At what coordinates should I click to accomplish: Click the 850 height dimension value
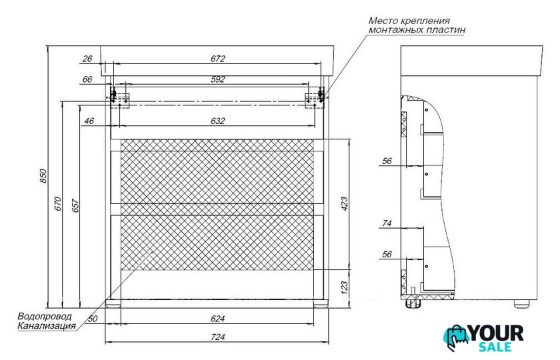(x=43, y=176)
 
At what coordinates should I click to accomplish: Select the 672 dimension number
(x=218, y=59)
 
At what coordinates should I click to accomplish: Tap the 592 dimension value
(x=218, y=79)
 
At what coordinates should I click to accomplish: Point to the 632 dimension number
(x=218, y=121)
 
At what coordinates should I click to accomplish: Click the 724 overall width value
(x=218, y=337)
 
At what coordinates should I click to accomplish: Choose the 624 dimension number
(x=218, y=318)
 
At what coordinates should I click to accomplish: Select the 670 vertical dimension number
(x=58, y=204)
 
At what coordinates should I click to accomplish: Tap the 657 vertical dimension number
(x=76, y=205)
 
